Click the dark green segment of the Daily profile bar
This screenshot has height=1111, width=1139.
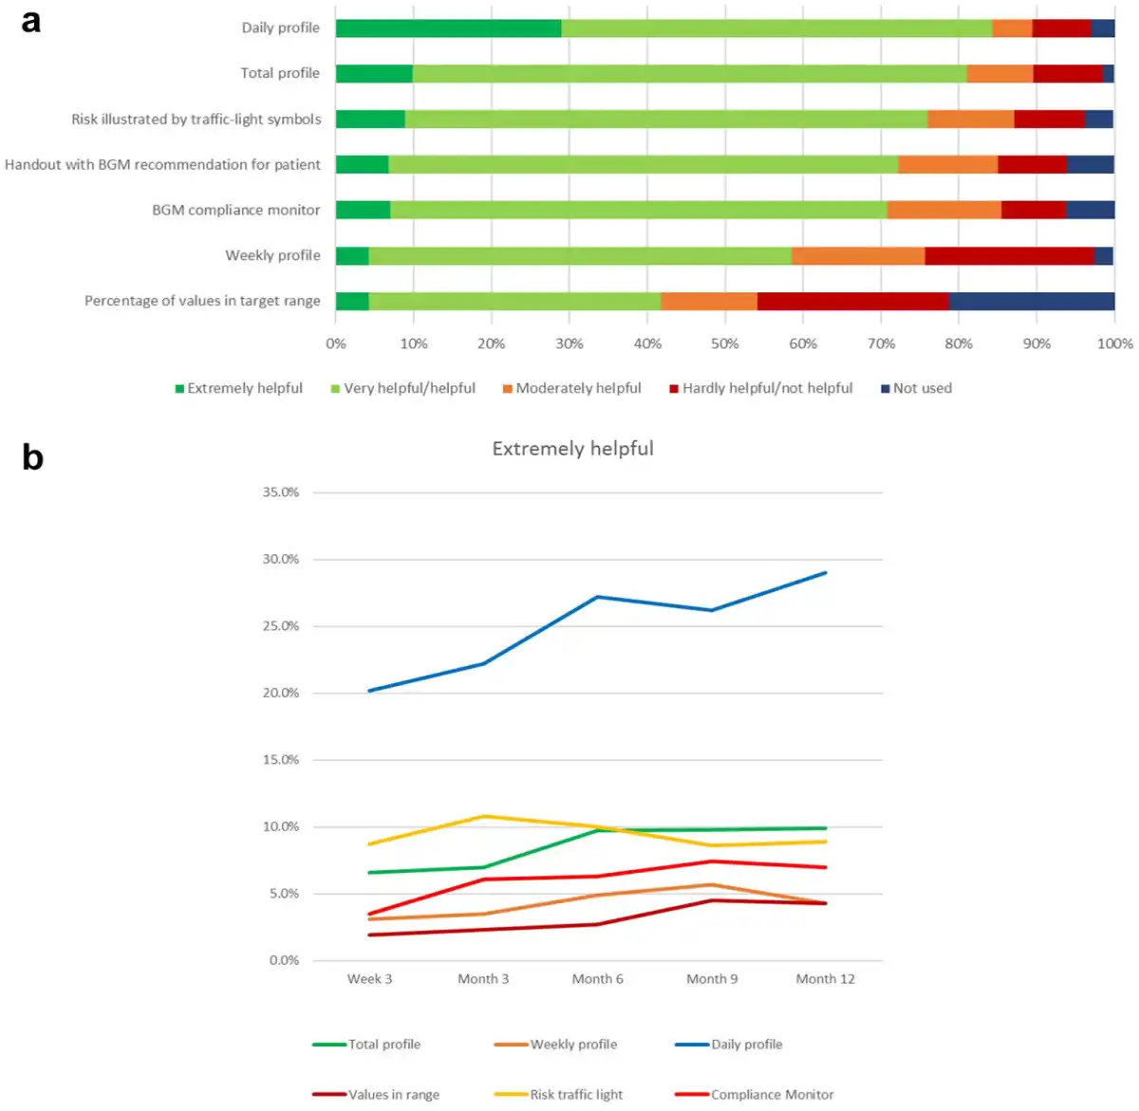point(448,28)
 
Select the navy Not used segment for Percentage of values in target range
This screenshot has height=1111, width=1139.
point(1032,301)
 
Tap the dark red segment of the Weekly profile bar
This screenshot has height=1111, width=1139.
point(1010,255)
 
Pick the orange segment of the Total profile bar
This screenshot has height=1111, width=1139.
point(999,74)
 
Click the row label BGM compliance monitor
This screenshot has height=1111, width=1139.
point(236,210)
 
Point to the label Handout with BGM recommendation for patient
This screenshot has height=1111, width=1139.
point(162,164)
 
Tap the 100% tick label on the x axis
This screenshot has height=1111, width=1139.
point(1114,343)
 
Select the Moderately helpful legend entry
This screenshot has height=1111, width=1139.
point(571,388)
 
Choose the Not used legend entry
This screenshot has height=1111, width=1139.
point(917,388)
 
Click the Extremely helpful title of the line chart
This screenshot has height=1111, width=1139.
point(572,448)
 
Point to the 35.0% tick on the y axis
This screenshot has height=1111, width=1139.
point(280,492)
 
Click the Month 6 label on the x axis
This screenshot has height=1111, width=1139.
point(598,979)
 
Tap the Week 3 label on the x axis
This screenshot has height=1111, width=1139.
point(369,979)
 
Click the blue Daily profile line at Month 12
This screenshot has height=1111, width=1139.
point(826,573)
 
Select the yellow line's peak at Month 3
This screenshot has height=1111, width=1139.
point(484,816)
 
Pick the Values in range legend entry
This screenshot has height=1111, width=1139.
point(375,1094)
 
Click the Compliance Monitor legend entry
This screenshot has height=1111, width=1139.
point(754,1094)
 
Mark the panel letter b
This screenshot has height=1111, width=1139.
point(33,456)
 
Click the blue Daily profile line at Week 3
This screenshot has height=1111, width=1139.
point(369,691)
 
